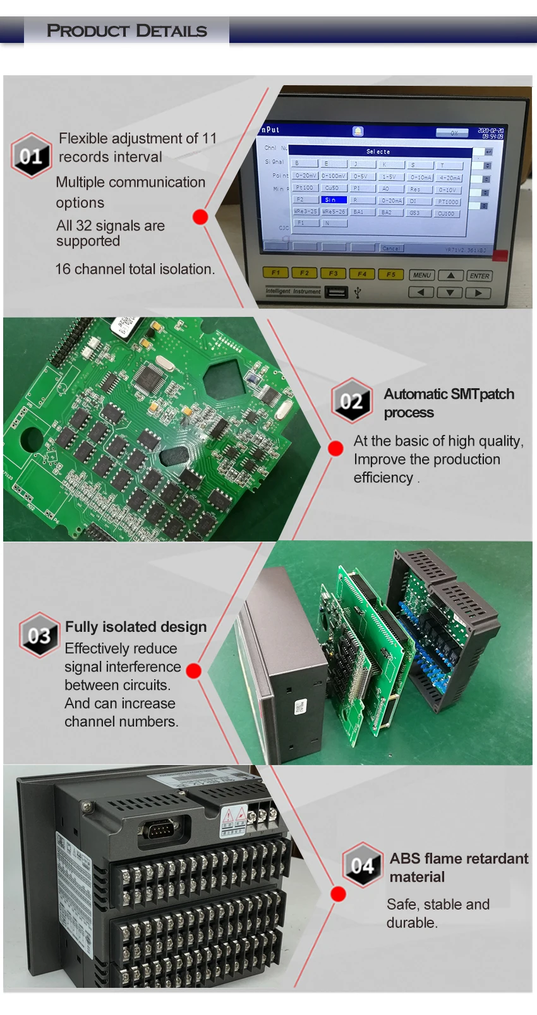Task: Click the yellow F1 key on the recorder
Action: (x=275, y=273)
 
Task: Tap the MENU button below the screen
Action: (x=421, y=275)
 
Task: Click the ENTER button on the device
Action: (x=480, y=276)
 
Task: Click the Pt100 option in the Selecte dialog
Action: (x=305, y=187)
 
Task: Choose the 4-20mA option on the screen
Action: (x=450, y=178)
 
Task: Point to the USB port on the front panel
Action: (x=336, y=292)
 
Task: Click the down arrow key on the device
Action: (x=450, y=293)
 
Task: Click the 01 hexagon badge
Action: (x=31, y=156)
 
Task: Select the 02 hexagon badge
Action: (x=351, y=401)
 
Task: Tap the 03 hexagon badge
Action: (x=39, y=635)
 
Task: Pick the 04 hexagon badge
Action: (x=363, y=865)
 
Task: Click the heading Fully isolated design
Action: (x=136, y=627)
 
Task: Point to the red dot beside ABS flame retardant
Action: (x=339, y=894)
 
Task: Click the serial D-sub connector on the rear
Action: (x=163, y=829)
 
